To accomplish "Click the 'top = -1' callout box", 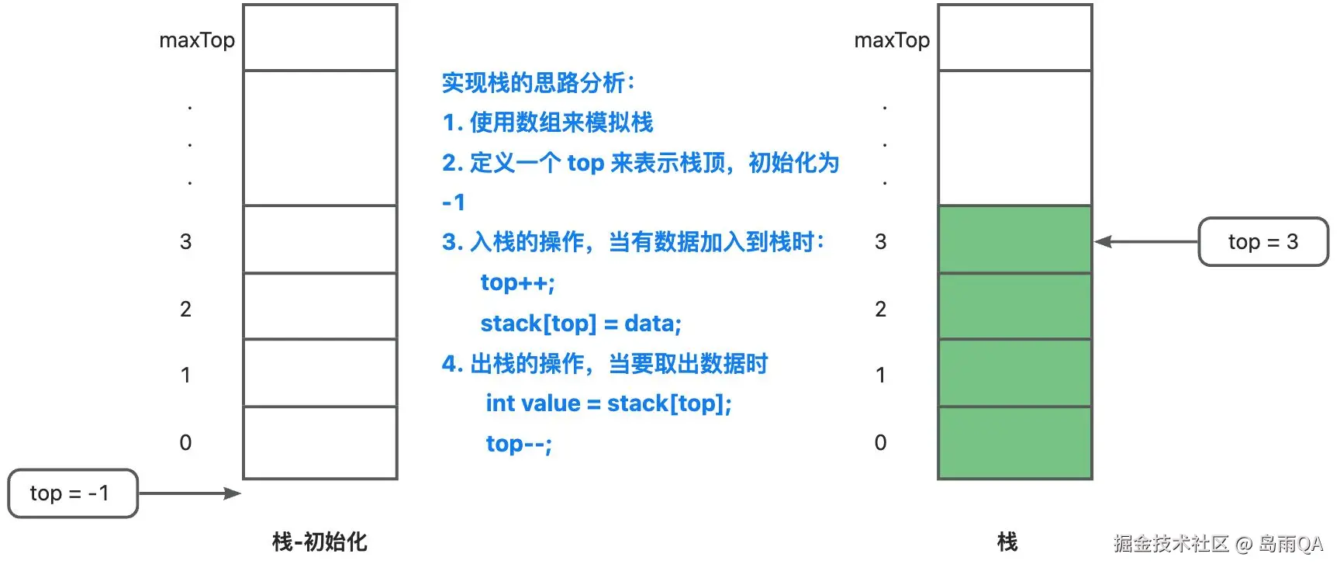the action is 73,493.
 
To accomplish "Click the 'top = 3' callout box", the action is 1263,242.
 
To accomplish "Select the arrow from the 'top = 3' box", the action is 1146,242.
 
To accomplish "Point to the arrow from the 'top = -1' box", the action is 190,493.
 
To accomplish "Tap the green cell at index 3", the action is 1015,239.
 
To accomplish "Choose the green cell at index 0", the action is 1015,442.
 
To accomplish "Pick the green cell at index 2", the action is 1015,306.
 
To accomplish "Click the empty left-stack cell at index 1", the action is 320,373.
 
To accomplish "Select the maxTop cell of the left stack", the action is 320,37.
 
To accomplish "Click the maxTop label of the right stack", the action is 892,40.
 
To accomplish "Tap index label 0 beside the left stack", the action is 185,442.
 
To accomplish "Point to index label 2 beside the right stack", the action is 880,309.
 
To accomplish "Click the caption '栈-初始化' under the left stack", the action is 319,542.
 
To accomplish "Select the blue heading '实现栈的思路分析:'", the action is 538,82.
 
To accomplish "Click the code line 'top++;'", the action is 517,282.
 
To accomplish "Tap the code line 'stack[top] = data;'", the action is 581,323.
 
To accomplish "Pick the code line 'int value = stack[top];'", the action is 609,403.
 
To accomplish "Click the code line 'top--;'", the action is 519,444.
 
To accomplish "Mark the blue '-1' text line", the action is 454,202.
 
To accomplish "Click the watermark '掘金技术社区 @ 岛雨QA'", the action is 1218,543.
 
